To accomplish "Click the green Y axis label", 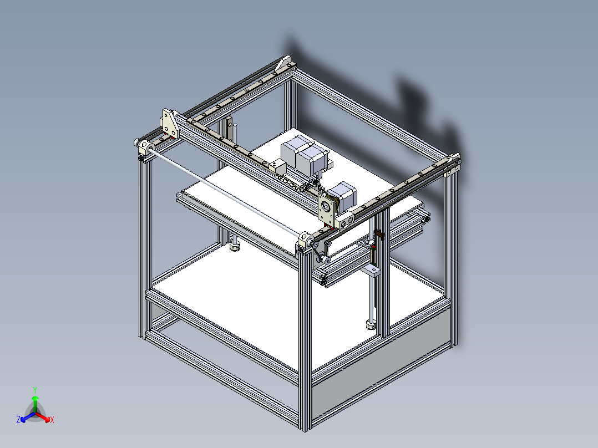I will (34, 389).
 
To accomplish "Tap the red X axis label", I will (52, 420).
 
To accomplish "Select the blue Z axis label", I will (18, 420).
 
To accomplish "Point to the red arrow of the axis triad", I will (44, 416).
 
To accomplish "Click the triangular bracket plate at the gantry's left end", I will (170, 124).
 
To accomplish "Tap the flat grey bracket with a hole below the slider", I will (373, 271).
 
